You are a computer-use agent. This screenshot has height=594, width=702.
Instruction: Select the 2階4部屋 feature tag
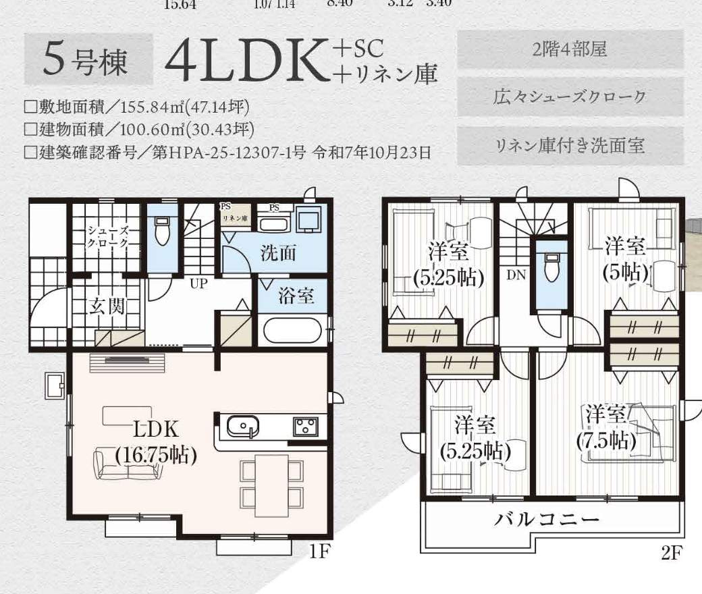pyautogui.click(x=570, y=49)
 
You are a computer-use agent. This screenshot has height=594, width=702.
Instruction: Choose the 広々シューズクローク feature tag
pyautogui.click(x=570, y=97)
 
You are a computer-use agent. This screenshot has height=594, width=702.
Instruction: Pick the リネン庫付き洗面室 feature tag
pyautogui.click(x=570, y=145)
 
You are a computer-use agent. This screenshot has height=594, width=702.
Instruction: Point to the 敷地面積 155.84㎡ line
pyautogui.click(x=141, y=107)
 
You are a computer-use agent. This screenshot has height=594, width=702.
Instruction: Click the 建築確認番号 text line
pyautogui.click(x=227, y=152)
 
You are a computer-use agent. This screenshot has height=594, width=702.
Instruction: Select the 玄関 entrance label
pyautogui.click(x=107, y=307)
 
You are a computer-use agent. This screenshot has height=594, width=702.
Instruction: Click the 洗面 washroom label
pyautogui.click(x=278, y=253)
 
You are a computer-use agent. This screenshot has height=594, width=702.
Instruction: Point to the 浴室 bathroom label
pyautogui.click(x=296, y=296)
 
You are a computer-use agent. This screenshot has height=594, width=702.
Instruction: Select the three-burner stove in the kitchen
pyautogui.click(x=306, y=427)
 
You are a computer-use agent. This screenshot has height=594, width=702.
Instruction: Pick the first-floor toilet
pyautogui.click(x=162, y=233)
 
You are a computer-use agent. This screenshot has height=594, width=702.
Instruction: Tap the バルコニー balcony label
pyautogui.click(x=547, y=520)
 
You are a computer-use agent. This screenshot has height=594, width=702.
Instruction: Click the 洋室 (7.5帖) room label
pyautogui.click(x=606, y=427)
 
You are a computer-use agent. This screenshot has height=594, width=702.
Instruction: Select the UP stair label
pyautogui.click(x=198, y=283)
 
